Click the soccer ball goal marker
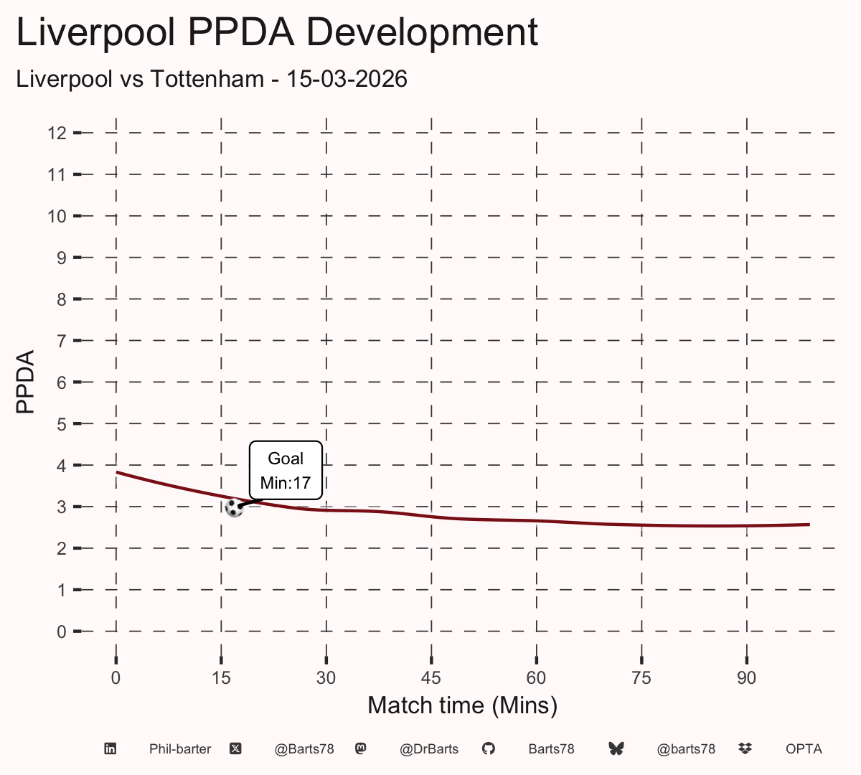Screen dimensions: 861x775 pyautogui.click(x=234, y=508)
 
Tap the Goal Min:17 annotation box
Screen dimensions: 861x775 pyautogui.click(x=286, y=470)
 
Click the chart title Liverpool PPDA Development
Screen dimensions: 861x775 pyautogui.click(x=277, y=32)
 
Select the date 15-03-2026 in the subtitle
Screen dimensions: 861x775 pyautogui.click(x=347, y=79)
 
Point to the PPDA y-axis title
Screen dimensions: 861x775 pyautogui.click(x=25, y=382)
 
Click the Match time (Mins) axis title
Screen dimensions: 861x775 pyautogui.click(x=462, y=705)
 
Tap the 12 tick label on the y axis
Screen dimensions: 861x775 pyautogui.click(x=57, y=133)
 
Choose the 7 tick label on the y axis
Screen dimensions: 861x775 pyautogui.click(x=62, y=341)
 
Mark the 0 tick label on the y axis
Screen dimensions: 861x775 pyautogui.click(x=62, y=631)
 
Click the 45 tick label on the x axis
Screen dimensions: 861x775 pyautogui.click(x=431, y=678)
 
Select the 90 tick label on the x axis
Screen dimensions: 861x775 pyautogui.click(x=746, y=678)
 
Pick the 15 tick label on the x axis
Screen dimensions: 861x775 pyautogui.click(x=221, y=678)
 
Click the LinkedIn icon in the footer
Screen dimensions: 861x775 pyautogui.click(x=110, y=749)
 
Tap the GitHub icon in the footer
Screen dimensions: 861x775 pyautogui.click(x=489, y=749)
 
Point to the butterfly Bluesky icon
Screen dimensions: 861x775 pyautogui.click(x=616, y=749)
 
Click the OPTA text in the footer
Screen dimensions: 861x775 pyautogui.click(x=804, y=749)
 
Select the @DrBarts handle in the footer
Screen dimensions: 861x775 pyautogui.click(x=429, y=749)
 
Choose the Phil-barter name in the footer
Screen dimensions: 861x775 pyautogui.click(x=180, y=749)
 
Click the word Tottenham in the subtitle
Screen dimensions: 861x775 pyautogui.click(x=207, y=79)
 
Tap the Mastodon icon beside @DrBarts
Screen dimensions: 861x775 pyautogui.click(x=361, y=749)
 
